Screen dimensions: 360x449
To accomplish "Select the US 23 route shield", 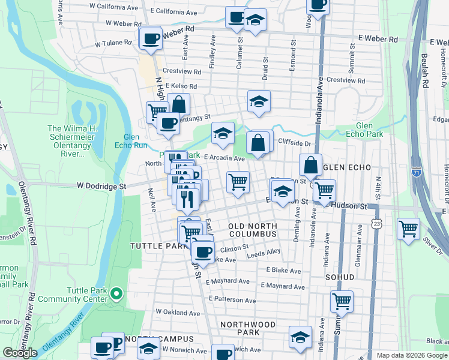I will coord(375,223).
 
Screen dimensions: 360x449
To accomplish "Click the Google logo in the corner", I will coord(20,352).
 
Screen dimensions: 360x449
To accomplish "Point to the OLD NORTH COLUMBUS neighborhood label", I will coord(252,230).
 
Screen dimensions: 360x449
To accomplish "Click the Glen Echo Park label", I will coord(369,130).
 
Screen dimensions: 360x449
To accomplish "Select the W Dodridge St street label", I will coord(101,187).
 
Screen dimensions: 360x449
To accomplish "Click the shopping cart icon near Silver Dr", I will coord(408,229).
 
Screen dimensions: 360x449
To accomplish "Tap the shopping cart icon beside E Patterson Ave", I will coord(342,301).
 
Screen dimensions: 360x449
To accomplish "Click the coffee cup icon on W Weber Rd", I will coord(150,38).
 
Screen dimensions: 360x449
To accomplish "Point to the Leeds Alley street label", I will coord(264,253).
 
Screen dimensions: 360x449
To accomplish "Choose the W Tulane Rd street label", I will coord(113,43).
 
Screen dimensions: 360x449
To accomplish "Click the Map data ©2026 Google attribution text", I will coord(411,355).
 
